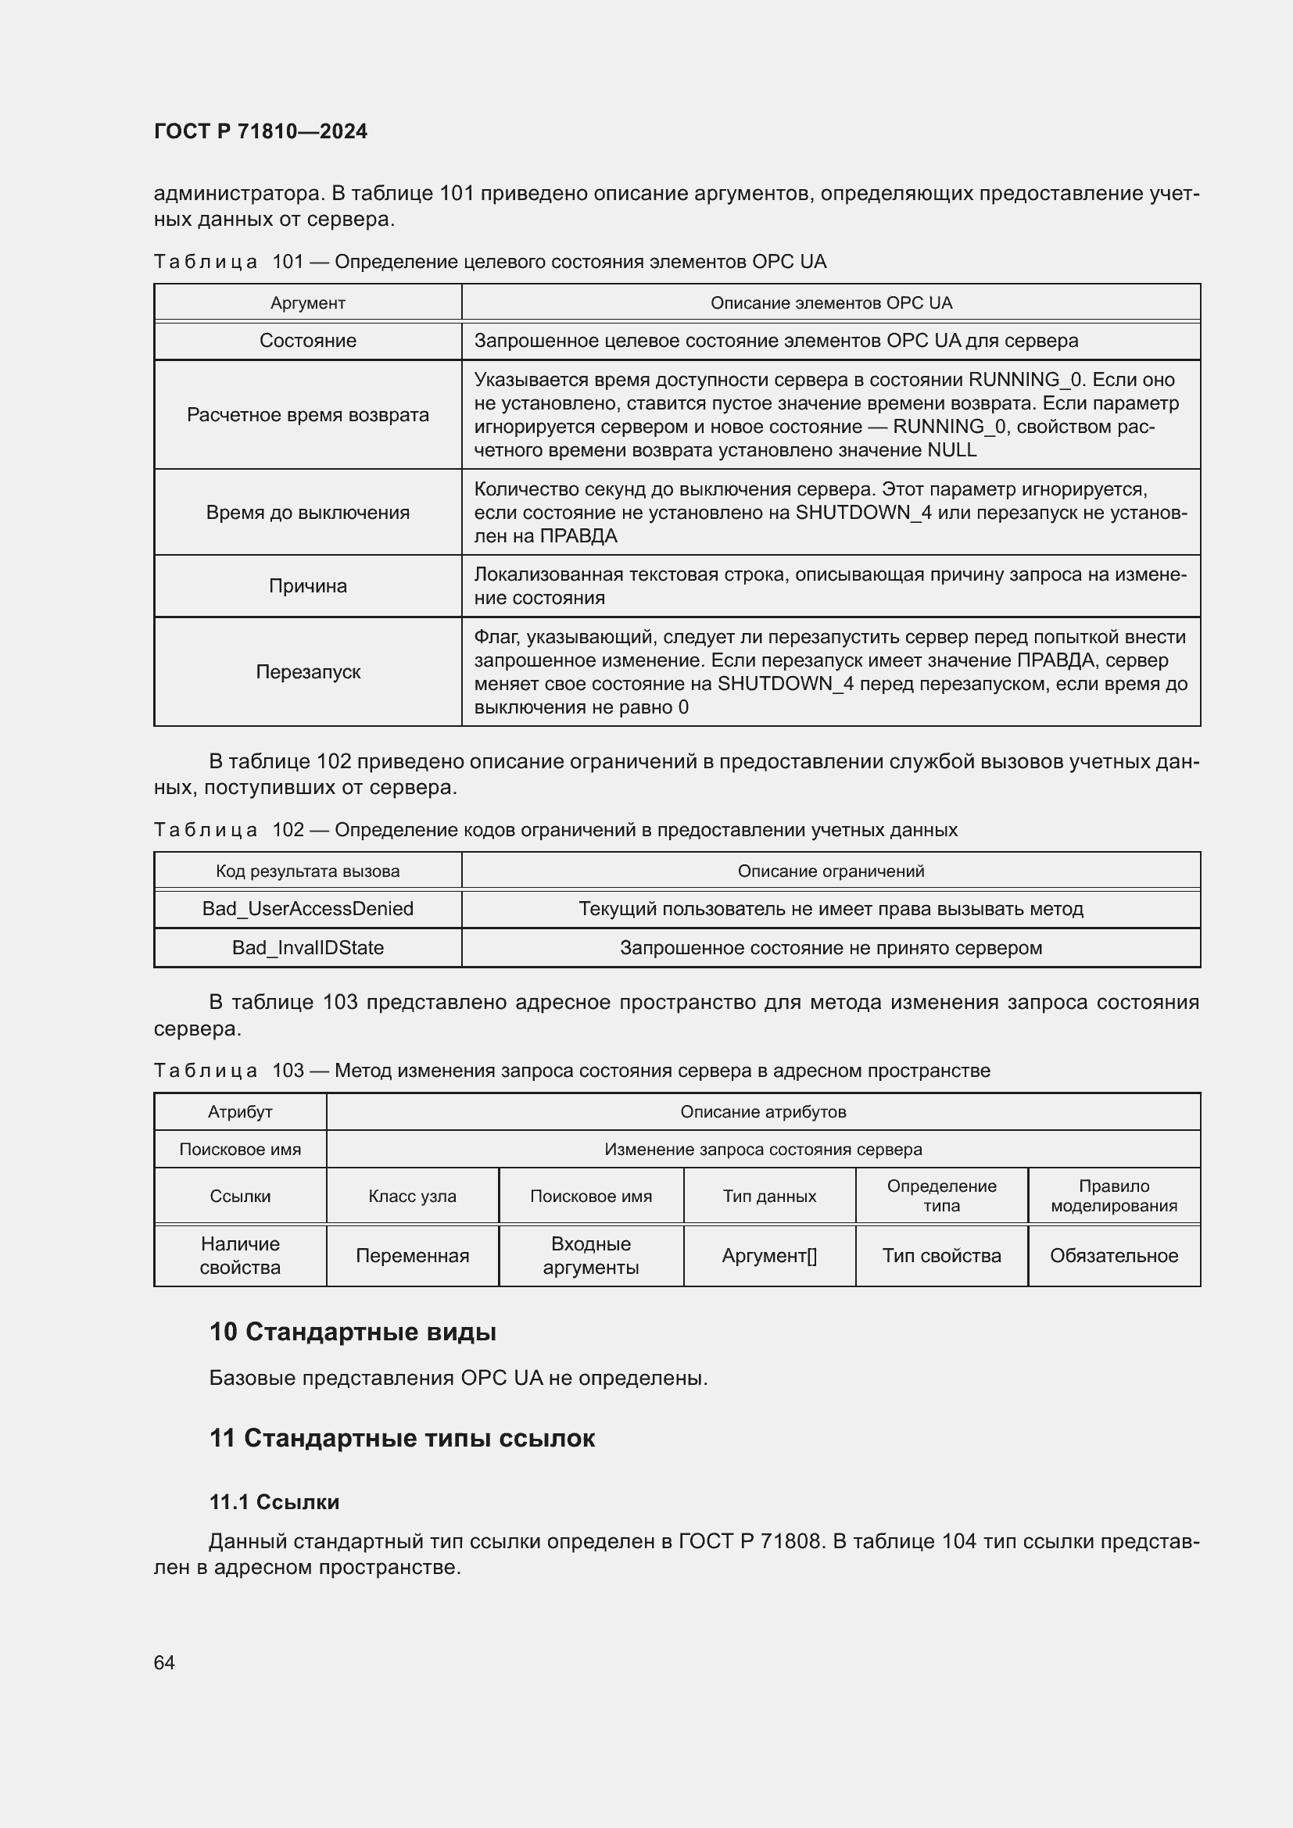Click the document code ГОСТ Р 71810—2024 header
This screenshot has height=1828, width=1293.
pyautogui.click(x=260, y=131)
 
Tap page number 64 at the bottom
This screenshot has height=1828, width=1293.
pyautogui.click(x=164, y=1662)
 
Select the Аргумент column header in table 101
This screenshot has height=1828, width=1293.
pyautogui.click(x=307, y=302)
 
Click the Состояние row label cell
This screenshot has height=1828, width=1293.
pyautogui.click(x=307, y=341)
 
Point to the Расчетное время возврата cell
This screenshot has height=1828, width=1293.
pyautogui.click(x=307, y=415)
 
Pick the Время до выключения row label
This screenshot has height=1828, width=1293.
pyautogui.click(x=307, y=512)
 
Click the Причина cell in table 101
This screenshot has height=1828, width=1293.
pyautogui.click(x=307, y=586)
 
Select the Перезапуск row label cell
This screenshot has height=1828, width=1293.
pyautogui.click(x=307, y=672)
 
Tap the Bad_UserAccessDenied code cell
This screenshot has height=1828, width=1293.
pyautogui.click(x=307, y=908)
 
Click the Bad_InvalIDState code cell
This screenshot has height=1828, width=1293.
pyautogui.click(x=307, y=947)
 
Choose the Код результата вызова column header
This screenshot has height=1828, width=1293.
pyautogui.click(x=307, y=871)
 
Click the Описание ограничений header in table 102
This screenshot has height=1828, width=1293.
pyautogui.click(x=830, y=871)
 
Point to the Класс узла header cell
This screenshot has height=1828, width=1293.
pyautogui.click(x=413, y=1196)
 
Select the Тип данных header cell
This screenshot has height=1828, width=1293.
pyautogui.click(x=769, y=1196)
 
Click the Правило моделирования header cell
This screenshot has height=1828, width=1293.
pyautogui.click(x=1113, y=1196)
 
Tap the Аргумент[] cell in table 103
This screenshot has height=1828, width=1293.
pyautogui.click(x=769, y=1256)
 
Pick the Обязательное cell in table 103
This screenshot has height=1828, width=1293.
pyautogui.click(x=1113, y=1256)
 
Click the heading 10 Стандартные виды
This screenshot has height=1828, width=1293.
pyautogui.click(x=353, y=1332)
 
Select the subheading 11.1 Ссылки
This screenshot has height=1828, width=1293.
pyautogui.click(x=274, y=1502)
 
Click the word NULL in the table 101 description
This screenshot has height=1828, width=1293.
pyautogui.click(x=951, y=451)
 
